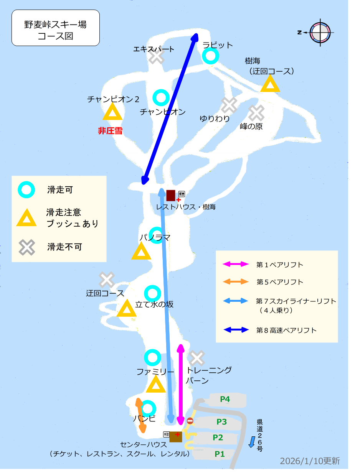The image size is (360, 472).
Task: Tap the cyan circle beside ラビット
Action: (210, 56)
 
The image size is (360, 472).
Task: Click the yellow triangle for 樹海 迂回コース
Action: (270, 84)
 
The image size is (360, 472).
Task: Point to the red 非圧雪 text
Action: (110, 131)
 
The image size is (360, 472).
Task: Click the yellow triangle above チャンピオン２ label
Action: (112, 113)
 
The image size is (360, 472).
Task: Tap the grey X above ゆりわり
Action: (229, 105)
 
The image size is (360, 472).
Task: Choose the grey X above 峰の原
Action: (256, 113)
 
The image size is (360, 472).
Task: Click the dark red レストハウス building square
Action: (171, 195)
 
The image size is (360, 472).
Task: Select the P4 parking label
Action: (225, 400)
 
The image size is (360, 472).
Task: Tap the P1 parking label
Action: (220, 454)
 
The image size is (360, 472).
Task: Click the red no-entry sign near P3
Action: (190, 421)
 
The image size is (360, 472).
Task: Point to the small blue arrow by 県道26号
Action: (252, 441)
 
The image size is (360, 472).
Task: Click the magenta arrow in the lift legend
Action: (236, 264)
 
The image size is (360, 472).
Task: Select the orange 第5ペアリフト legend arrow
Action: (236, 282)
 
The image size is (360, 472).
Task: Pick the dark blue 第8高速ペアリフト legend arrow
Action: (236, 330)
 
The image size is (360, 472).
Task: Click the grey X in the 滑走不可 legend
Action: (27, 247)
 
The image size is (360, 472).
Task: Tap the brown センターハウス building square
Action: (176, 436)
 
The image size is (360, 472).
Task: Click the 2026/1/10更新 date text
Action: (310, 461)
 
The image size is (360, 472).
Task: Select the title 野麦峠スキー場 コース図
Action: (56, 31)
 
